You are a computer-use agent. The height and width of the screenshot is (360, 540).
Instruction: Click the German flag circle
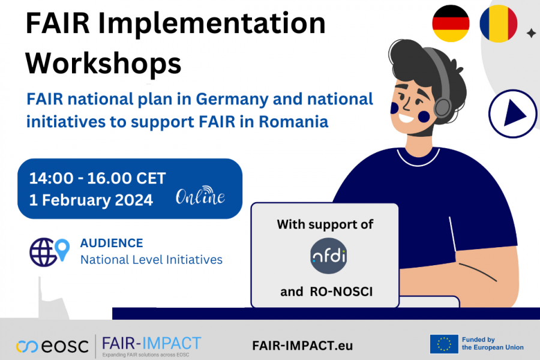[x=451, y=23]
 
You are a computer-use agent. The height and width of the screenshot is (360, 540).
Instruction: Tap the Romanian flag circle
[x=498, y=23]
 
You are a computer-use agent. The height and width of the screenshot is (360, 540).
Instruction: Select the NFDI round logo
[x=329, y=256]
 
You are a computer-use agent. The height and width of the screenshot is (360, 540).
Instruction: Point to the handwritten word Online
[x=200, y=196]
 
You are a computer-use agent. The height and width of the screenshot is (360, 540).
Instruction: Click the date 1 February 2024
[x=91, y=200]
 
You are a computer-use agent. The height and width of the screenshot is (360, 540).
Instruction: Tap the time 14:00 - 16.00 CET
[x=97, y=178]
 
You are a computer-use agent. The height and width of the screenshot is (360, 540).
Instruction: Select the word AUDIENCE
[x=112, y=243]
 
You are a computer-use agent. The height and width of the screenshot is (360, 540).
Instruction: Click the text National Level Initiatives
[x=151, y=260]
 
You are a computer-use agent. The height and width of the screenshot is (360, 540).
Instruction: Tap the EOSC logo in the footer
[x=52, y=346]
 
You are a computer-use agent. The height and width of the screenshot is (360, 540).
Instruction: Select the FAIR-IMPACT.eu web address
[x=302, y=346]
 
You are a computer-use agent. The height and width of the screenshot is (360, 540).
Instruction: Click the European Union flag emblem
[x=444, y=344]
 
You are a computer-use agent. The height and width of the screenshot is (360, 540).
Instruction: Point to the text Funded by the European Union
[x=492, y=344]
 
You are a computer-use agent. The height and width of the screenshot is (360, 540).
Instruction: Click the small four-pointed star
[x=530, y=34]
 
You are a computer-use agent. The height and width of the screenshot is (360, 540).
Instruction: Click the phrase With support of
[x=325, y=224]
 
